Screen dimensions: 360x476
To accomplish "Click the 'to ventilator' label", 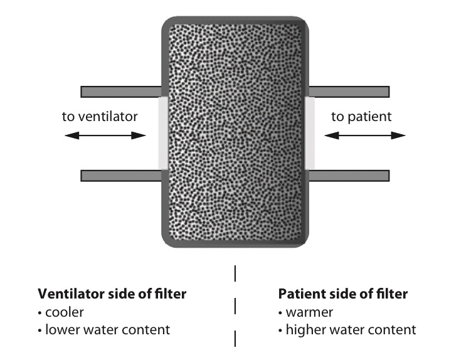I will [x=100, y=116].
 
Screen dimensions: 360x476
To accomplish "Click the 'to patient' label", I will [x=361, y=116].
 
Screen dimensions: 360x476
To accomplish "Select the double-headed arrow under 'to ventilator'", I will [x=105, y=135].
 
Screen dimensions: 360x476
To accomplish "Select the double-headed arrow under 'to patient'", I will [x=364, y=135].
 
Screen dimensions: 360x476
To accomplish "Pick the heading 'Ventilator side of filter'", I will [x=112, y=294].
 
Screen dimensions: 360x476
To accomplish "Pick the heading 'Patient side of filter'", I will [x=342, y=294].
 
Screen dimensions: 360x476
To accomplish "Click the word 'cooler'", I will [x=65, y=312].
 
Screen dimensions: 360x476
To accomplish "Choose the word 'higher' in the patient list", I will [x=303, y=330].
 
